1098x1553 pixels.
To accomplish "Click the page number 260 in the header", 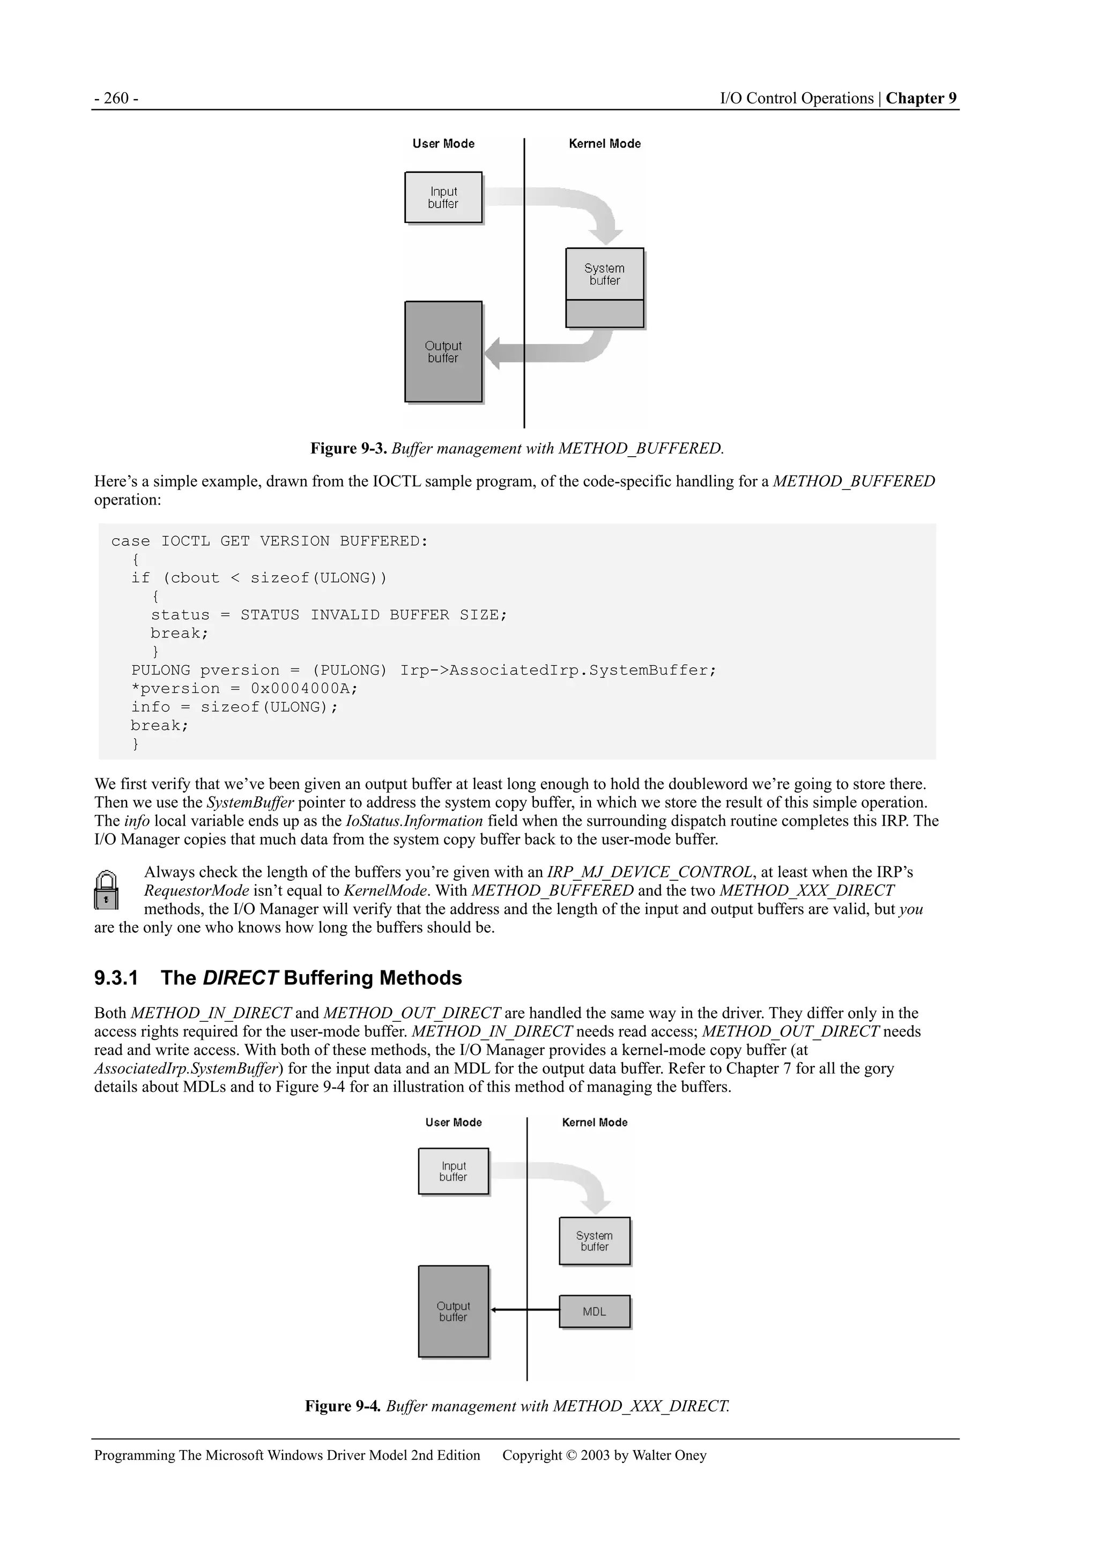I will click(116, 99).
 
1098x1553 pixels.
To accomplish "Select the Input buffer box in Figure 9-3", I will click(443, 197).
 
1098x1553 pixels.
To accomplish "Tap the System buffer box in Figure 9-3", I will click(604, 274).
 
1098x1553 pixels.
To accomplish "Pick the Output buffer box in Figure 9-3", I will click(443, 352).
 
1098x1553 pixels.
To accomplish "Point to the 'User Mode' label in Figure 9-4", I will click(453, 1122).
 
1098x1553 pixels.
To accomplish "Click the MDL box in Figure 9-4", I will click(594, 1312).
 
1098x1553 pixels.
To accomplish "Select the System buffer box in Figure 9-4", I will click(594, 1241).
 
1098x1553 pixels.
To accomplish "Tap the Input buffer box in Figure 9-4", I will click(453, 1171).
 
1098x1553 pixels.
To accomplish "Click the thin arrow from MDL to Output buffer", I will click(524, 1310).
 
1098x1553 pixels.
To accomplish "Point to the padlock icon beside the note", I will click(106, 890).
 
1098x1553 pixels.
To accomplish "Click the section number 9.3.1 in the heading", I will click(116, 978).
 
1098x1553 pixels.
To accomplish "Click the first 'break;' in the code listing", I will click(179, 633).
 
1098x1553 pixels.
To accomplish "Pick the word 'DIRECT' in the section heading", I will click(240, 978).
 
